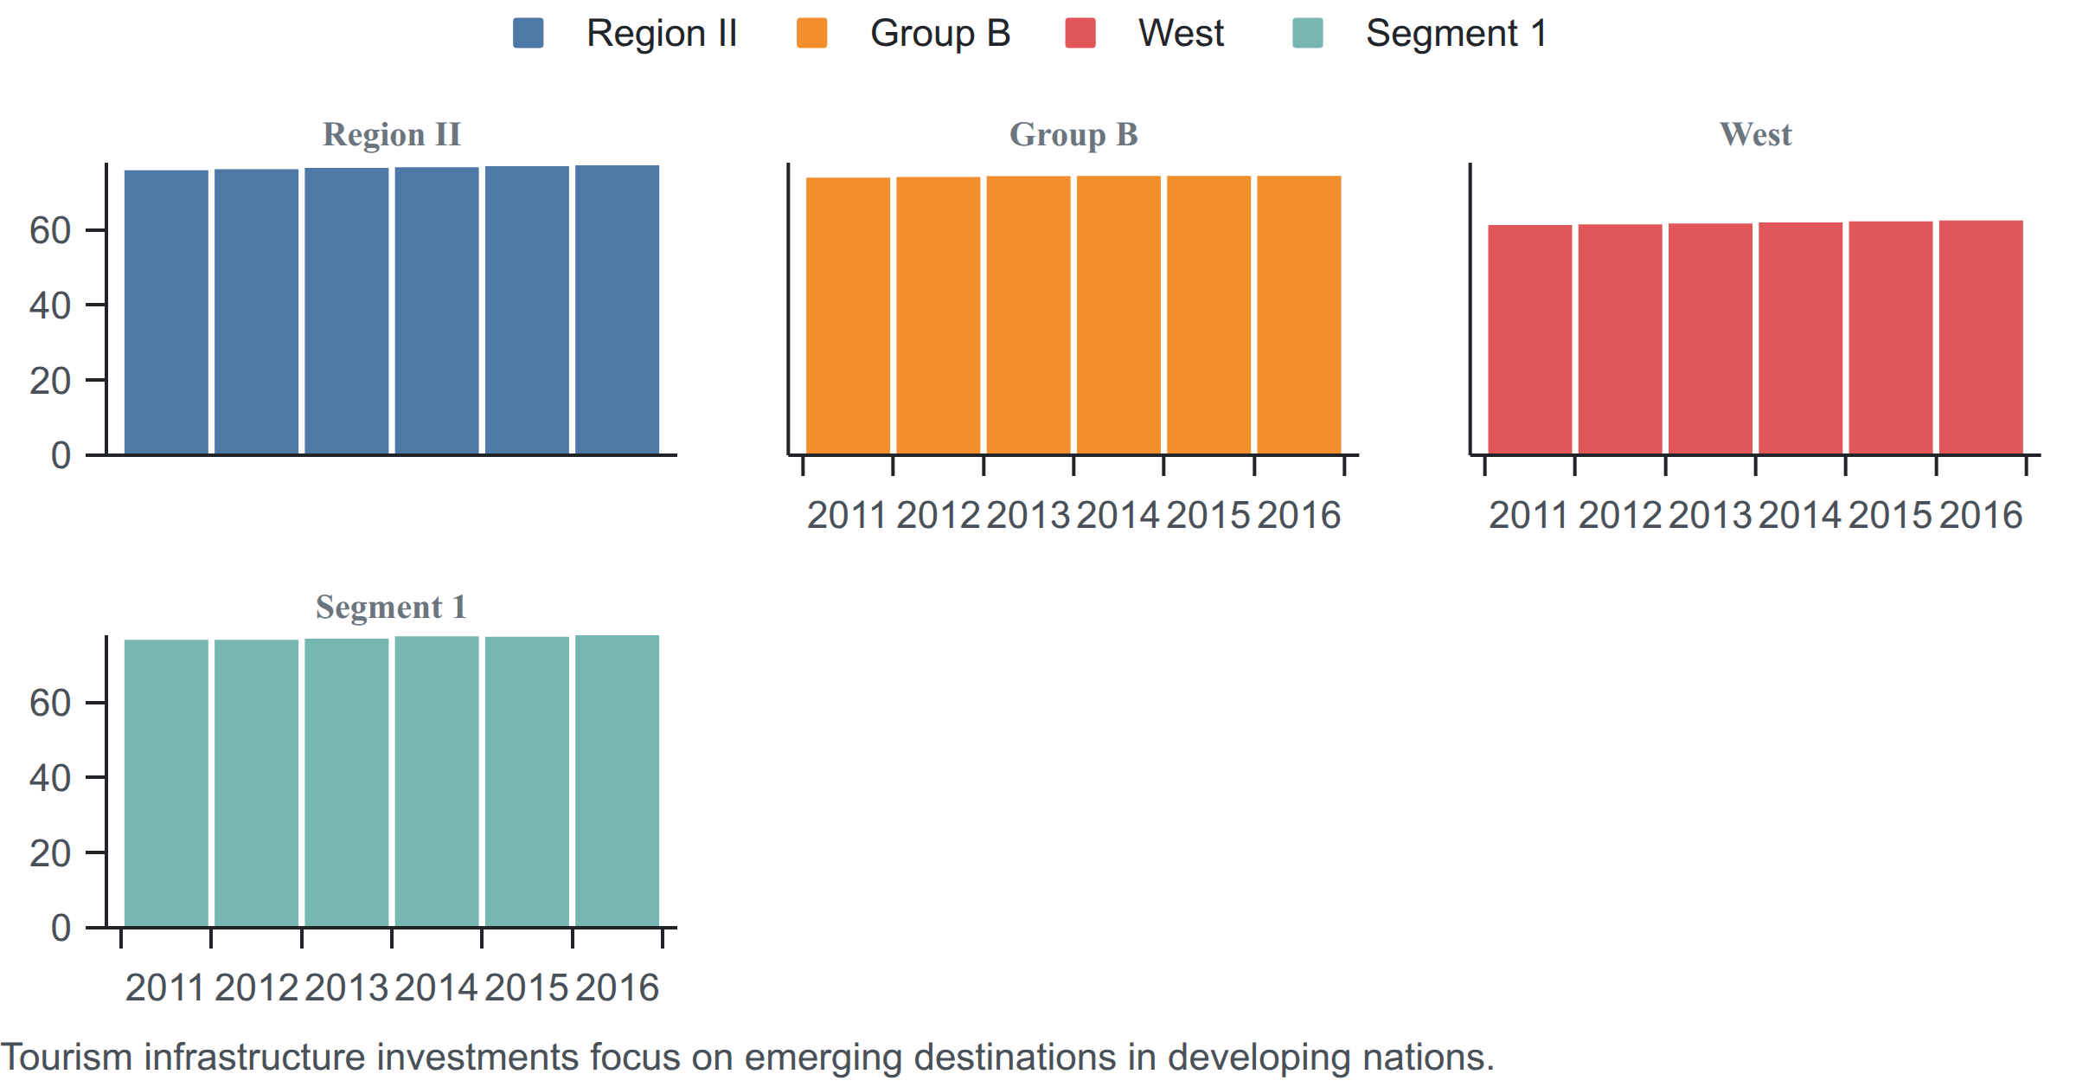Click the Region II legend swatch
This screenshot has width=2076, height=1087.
point(528,33)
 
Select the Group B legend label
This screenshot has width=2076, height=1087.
point(940,34)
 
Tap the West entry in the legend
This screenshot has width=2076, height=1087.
point(1181,34)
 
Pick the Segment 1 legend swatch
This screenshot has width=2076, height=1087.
point(1308,33)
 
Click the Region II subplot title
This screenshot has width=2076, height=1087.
point(392,134)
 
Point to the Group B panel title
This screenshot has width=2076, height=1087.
point(1073,135)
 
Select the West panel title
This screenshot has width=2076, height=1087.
point(1755,134)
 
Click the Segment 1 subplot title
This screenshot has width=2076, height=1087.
point(391,607)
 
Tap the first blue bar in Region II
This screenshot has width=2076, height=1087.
point(166,312)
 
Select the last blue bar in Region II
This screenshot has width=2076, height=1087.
point(617,310)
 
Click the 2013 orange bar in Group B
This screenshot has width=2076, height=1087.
point(1028,315)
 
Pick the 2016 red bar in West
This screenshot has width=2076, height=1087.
point(1981,338)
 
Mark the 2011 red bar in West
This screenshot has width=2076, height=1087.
point(1530,340)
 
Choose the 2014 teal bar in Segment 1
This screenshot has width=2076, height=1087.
point(437,781)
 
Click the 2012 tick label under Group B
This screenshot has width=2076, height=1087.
point(939,516)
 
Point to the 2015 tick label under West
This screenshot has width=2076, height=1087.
point(1891,516)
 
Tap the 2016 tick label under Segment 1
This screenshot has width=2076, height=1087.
point(617,988)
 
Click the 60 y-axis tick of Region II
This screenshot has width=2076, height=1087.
point(50,230)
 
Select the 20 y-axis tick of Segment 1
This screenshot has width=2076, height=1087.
point(50,853)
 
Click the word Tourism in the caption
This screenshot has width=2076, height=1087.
point(67,1058)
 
